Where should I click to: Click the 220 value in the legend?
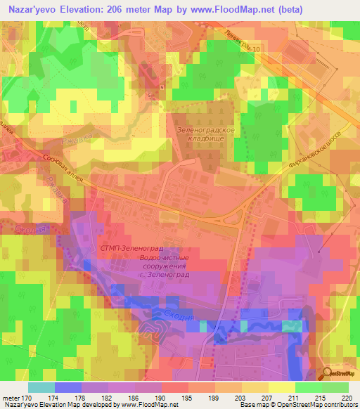point(347,398)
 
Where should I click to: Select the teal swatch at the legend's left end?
point(41,387)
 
